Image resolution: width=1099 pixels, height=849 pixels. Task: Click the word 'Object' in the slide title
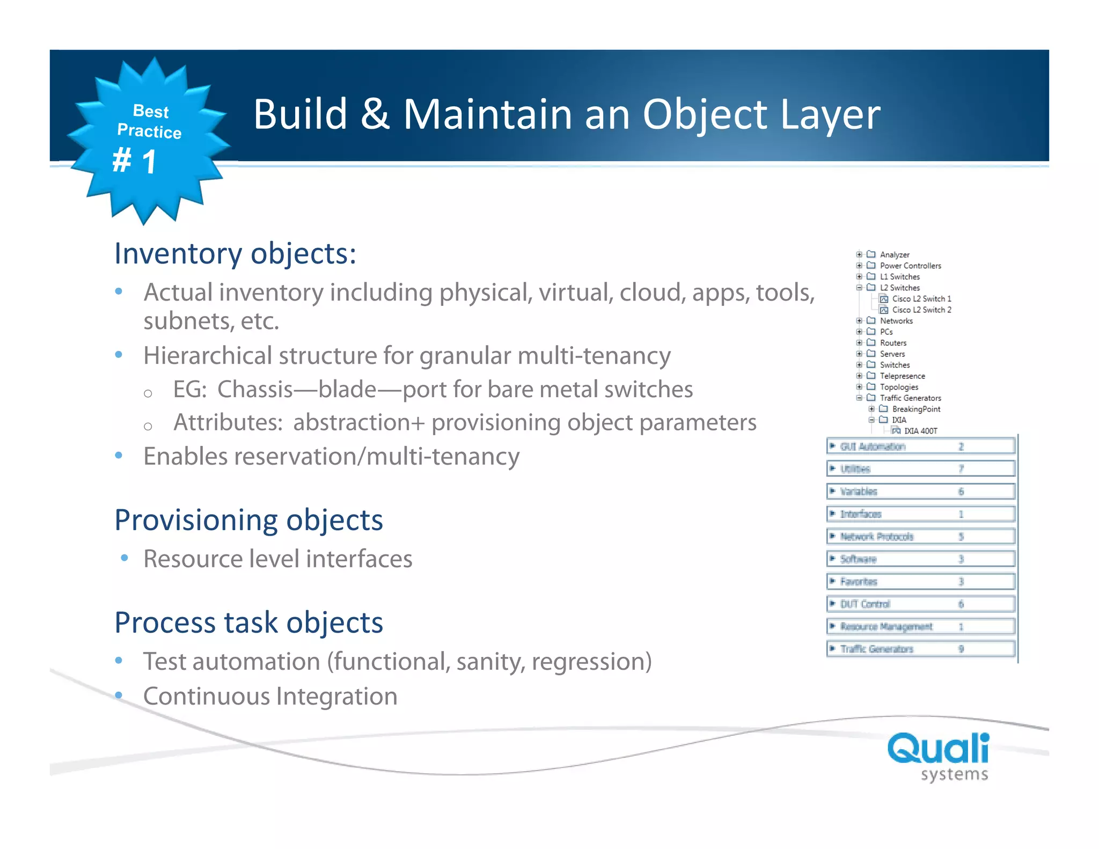(x=705, y=115)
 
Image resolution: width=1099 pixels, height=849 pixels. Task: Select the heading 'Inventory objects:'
(x=235, y=253)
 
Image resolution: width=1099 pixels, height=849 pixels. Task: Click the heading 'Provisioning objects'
(x=248, y=520)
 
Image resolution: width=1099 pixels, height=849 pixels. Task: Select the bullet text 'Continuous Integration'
(x=270, y=697)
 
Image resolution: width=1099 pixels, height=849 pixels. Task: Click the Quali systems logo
(x=938, y=756)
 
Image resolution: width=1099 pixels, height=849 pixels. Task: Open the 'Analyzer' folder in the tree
(x=894, y=255)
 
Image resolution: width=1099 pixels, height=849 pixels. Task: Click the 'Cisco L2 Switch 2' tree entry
(x=921, y=310)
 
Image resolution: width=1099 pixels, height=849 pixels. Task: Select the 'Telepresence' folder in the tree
(x=902, y=376)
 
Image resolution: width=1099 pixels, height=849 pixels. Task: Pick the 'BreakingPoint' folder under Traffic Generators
(x=916, y=409)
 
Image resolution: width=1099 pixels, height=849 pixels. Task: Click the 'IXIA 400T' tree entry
(x=920, y=431)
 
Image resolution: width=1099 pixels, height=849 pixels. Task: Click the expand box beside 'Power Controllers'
(x=859, y=266)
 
